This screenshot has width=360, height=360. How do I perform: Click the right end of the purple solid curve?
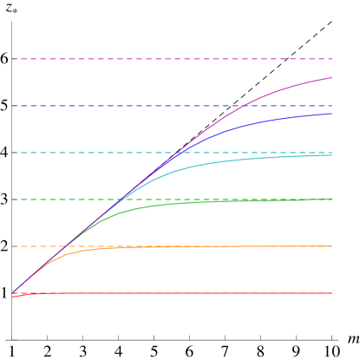tap(332, 78)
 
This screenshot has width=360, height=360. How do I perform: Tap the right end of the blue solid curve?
tap(332, 114)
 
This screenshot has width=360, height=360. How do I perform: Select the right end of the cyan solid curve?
tap(332, 155)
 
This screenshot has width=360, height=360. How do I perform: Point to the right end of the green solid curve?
tap(332, 199)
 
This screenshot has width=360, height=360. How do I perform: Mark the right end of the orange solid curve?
tap(332, 246)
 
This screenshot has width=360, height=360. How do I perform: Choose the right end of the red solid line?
tap(332, 293)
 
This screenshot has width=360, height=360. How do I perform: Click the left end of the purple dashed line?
tap(12, 59)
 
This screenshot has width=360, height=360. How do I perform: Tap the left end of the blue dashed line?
tap(12, 106)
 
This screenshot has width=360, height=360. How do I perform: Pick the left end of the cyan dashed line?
tap(12, 153)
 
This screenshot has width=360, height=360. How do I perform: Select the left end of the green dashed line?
tap(12, 200)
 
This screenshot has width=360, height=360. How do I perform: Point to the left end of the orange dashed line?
tap(12, 246)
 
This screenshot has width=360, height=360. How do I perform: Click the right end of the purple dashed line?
tap(332, 59)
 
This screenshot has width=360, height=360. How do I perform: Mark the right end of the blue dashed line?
tap(332, 106)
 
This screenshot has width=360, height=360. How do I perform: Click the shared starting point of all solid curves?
tap(12, 293)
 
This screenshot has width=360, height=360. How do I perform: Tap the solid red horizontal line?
tap(173, 293)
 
